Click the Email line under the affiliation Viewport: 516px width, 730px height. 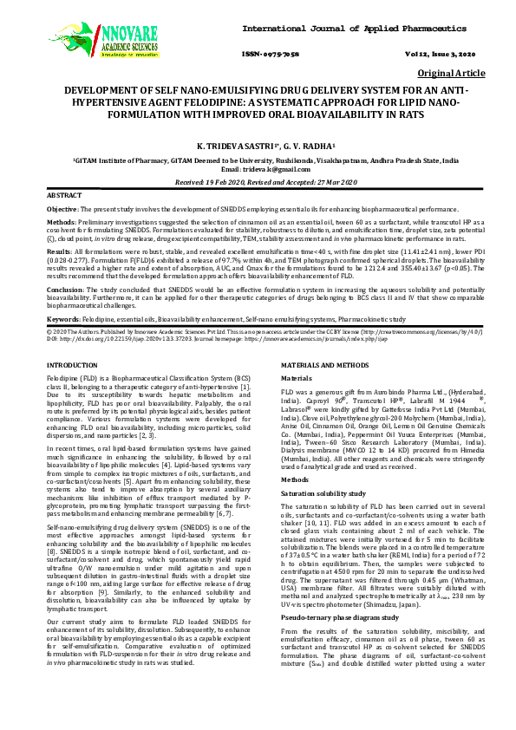tap(258, 170)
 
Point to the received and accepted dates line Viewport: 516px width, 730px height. tap(258, 183)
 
